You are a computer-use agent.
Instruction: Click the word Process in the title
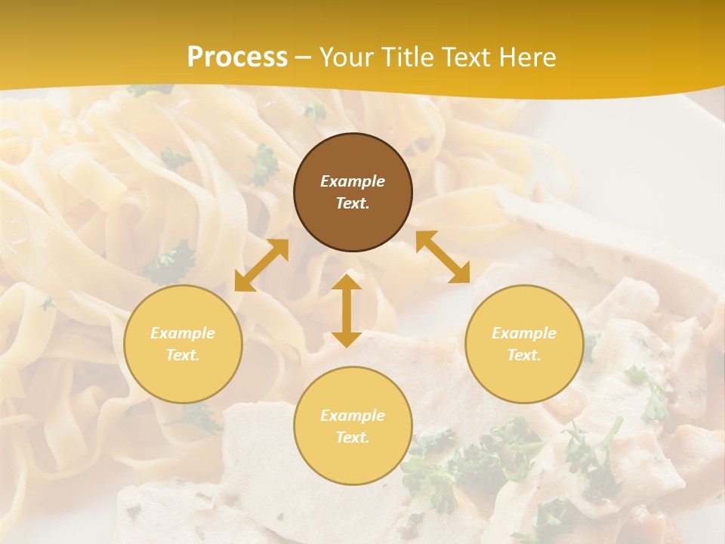tap(237, 57)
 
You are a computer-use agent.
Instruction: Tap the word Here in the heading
tap(527, 57)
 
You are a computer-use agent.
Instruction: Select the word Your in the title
tap(346, 57)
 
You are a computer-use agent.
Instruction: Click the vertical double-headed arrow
tap(347, 311)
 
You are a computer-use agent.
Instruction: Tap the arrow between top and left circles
tap(261, 265)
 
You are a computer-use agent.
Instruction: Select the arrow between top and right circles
tap(443, 257)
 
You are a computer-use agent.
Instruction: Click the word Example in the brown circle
tap(353, 181)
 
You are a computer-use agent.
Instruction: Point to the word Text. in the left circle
tap(183, 355)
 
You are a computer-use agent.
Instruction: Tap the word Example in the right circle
tap(524, 333)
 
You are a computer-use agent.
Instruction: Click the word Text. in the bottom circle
tap(353, 437)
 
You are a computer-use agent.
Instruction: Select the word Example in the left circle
tap(183, 333)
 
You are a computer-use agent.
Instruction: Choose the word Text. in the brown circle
tap(353, 203)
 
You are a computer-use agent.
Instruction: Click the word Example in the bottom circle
tap(353, 416)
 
